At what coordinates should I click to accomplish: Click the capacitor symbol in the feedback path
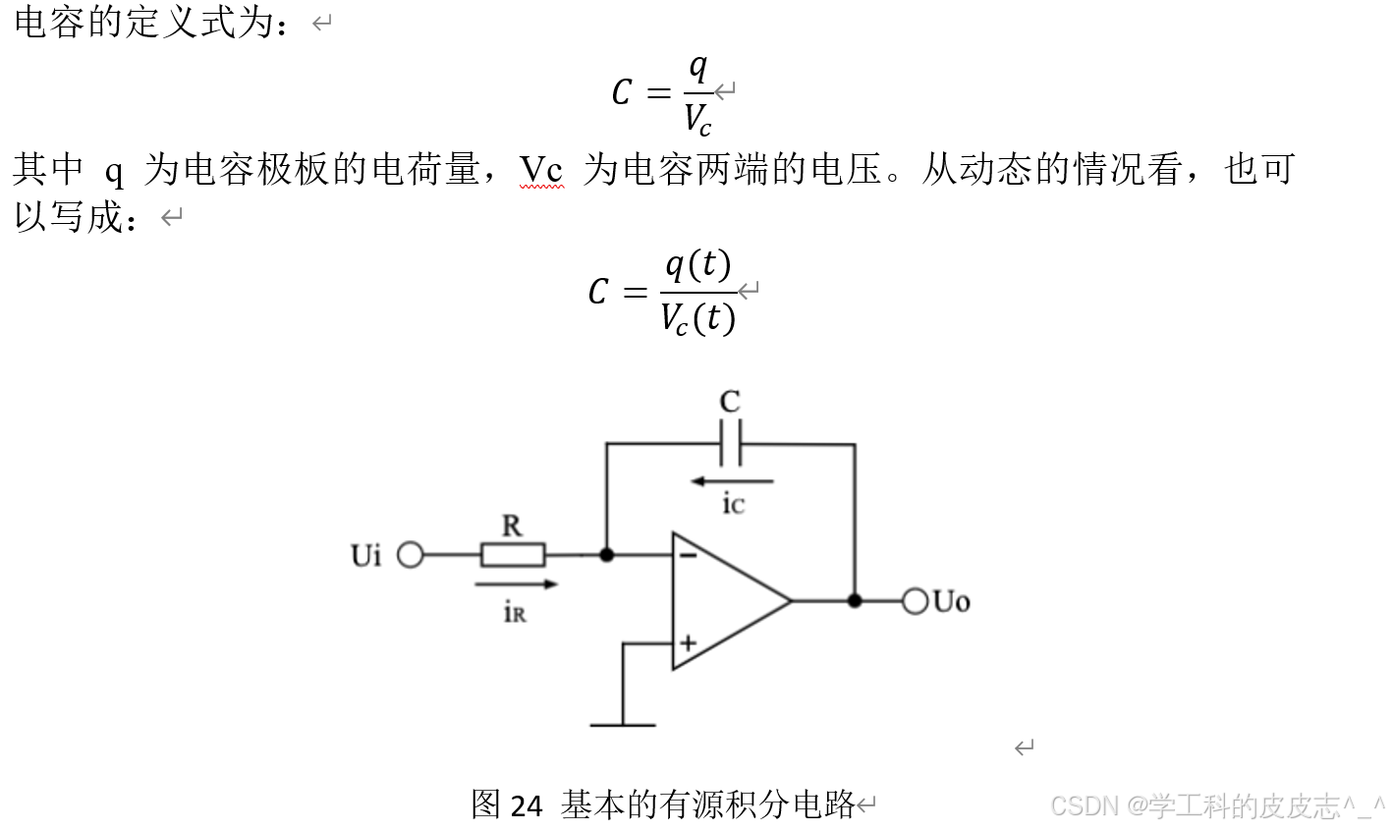(730, 443)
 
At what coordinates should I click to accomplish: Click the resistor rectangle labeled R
(512, 556)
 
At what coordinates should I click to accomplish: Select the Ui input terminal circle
(410, 556)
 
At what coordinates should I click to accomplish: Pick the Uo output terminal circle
(915, 600)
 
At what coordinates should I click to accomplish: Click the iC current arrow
(732, 481)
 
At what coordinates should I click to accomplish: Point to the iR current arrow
(516, 584)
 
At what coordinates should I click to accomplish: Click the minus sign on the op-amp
(688, 556)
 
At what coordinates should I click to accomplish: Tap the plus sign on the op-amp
(688, 643)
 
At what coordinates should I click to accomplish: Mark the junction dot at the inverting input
(607, 556)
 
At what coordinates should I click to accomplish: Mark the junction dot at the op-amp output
(855, 600)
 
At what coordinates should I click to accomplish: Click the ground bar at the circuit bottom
(623, 725)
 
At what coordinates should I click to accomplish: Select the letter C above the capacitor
(730, 402)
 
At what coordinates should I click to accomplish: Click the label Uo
(951, 601)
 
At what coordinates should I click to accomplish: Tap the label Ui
(365, 556)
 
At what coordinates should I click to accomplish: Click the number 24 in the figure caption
(527, 806)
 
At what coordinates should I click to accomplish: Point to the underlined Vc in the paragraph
(541, 170)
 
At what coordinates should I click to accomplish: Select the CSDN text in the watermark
(1085, 806)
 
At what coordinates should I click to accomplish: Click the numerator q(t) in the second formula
(697, 265)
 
